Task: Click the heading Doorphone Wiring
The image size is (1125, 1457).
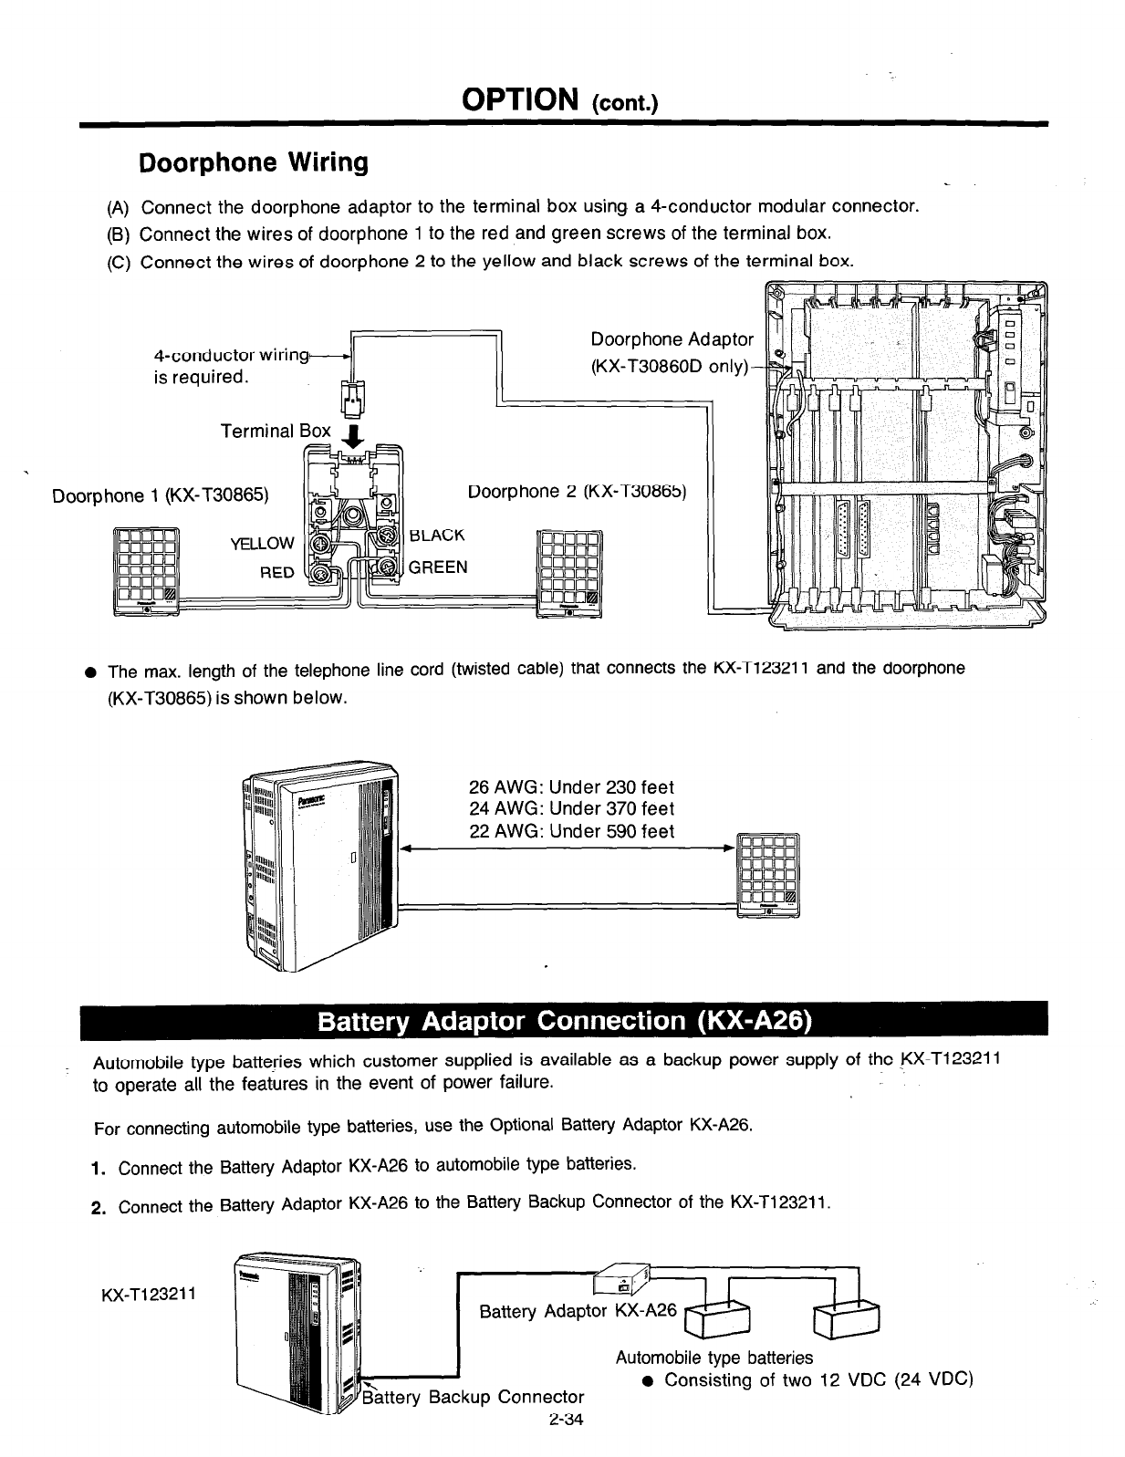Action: tap(253, 163)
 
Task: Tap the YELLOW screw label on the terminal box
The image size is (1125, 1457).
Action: tap(262, 544)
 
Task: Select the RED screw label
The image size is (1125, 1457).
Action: tap(277, 572)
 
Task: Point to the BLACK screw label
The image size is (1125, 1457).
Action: tap(437, 535)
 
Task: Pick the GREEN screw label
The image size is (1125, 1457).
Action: tap(438, 567)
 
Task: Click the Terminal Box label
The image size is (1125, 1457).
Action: tap(276, 431)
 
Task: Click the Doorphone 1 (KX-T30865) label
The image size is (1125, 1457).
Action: tap(161, 495)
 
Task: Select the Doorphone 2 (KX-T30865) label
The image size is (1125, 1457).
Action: tap(576, 492)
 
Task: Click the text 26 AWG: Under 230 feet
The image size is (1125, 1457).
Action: tap(571, 786)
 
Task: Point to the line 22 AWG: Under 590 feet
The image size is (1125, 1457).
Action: tap(571, 831)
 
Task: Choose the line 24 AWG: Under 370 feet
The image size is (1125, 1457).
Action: tap(571, 808)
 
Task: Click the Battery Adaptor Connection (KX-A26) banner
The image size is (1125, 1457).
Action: tap(563, 1020)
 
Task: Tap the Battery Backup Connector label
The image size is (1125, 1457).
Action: tap(474, 1397)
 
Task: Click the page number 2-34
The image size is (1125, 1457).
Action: tap(566, 1420)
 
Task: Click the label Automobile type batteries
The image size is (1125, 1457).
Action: tap(714, 1358)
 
